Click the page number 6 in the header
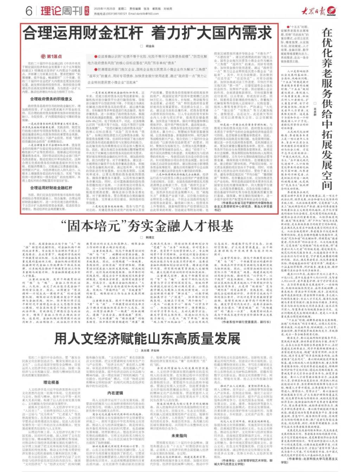pyautogui.click(x=29, y=11)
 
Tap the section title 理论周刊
pyautogui.click(x=61, y=11)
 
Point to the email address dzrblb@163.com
pyautogui.click(x=143, y=14)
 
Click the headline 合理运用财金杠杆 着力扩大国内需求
pyautogui.click(x=147, y=33)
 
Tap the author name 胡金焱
pyautogui.click(x=149, y=46)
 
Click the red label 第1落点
pyautogui.click(x=52, y=56)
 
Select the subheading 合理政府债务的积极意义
pyautogui.click(x=51, y=99)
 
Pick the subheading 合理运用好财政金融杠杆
pyautogui.click(x=51, y=188)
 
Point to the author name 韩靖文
pyautogui.click(x=150, y=238)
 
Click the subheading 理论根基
pyautogui.click(x=51, y=382)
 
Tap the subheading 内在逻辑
pyautogui.click(x=115, y=393)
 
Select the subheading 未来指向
pyautogui.click(x=179, y=435)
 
